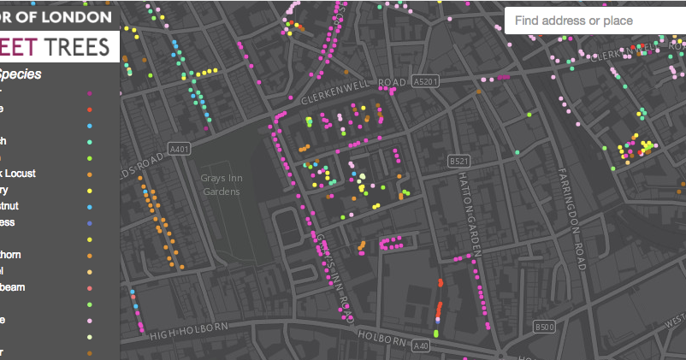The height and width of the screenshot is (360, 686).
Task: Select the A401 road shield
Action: click(x=178, y=147)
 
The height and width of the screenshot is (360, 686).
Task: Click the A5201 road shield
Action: click(x=424, y=82)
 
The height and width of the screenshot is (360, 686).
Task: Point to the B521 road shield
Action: click(x=459, y=160)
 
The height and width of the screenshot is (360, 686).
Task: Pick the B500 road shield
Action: click(x=545, y=327)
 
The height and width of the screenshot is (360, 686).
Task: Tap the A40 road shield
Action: click(x=420, y=345)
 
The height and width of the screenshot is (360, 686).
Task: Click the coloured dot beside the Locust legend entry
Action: click(x=91, y=174)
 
